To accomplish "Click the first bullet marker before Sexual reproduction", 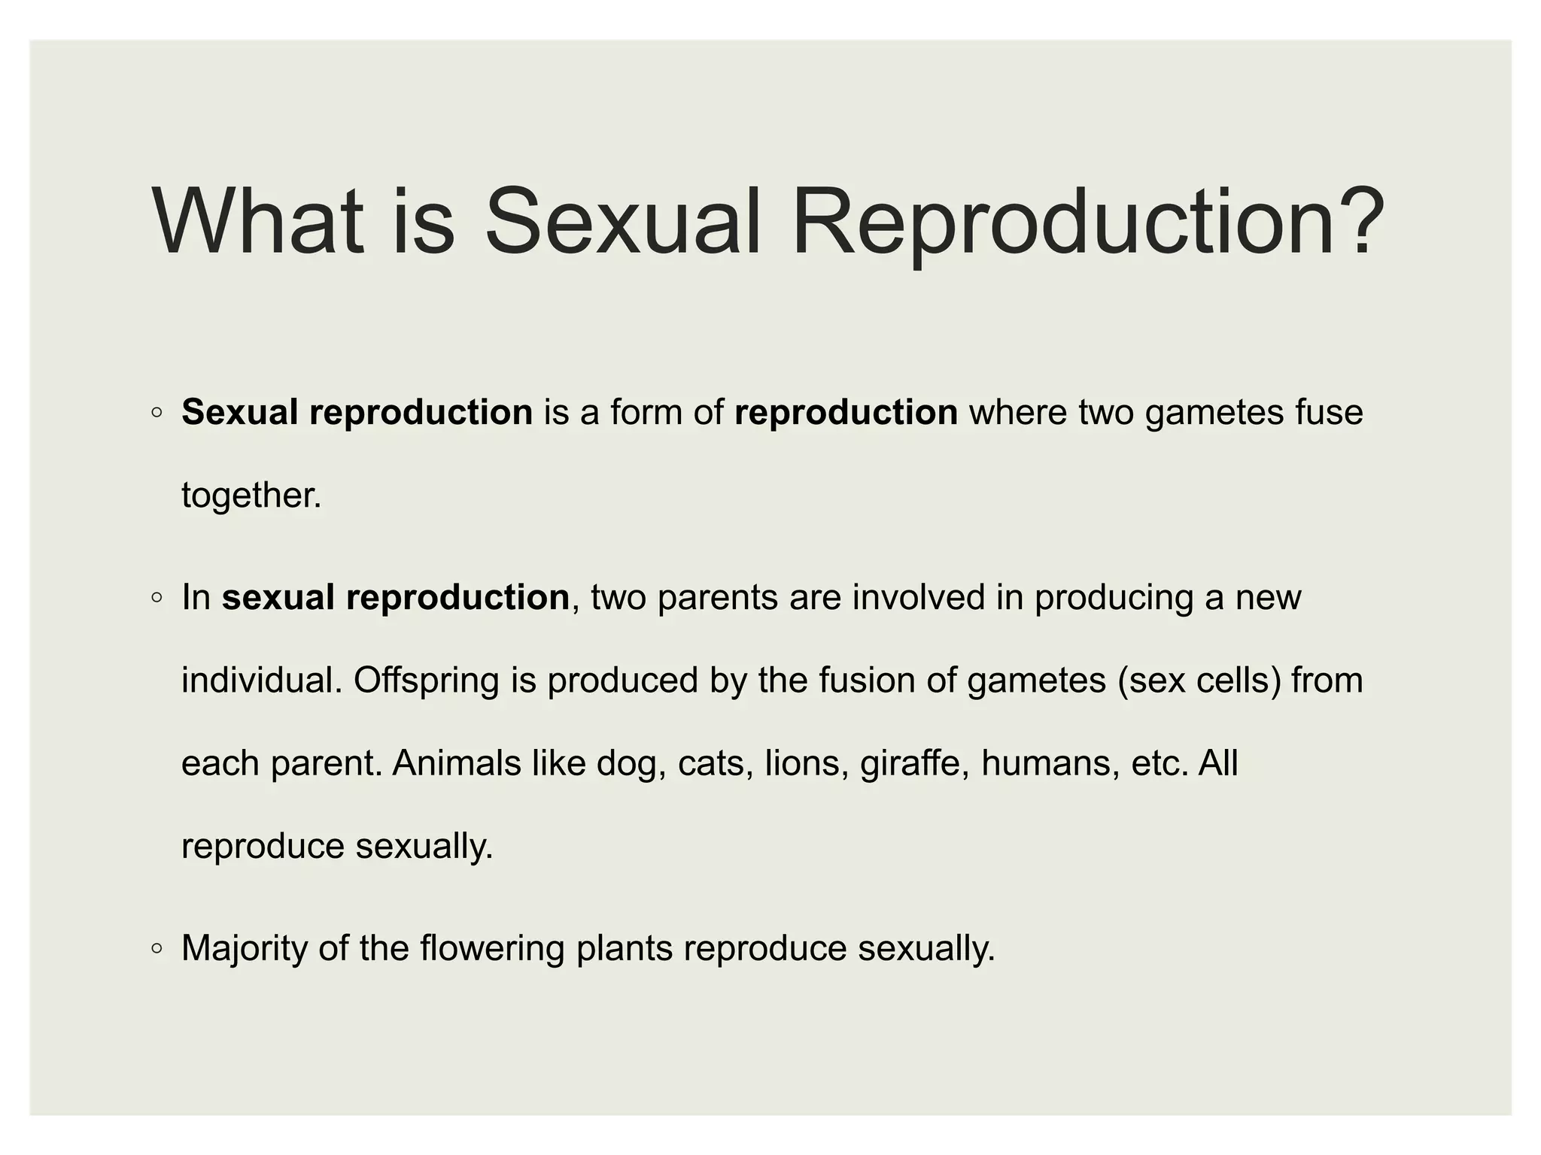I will [x=157, y=413].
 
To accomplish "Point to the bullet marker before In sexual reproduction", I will [x=157, y=598].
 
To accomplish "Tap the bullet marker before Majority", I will [x=157, y=948].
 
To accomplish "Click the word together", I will [x=250, y=496].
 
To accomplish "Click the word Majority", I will [x=245, y=948].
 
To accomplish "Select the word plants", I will [x=625, y=948].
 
